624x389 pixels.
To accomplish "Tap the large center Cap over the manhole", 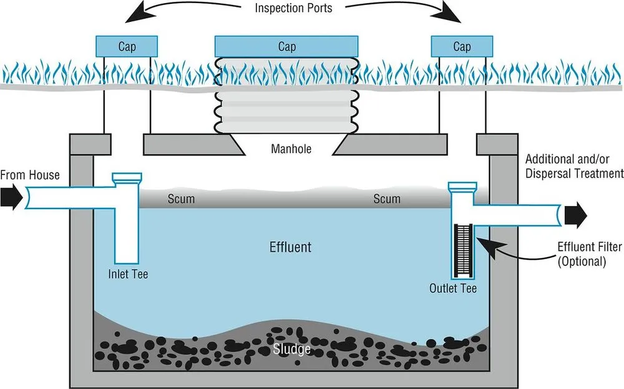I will pos(286,46).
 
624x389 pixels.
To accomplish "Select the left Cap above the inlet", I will pos(127,46).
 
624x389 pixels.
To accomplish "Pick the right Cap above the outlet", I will pos(462,46).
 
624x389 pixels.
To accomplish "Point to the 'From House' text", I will pos(30,175).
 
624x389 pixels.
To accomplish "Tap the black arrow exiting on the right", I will pos(575,214).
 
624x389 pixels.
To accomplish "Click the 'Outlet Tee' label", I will pos(453,288).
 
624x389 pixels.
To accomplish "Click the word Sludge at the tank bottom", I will pos(292,348).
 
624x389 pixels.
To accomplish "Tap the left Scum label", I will pos(181,199).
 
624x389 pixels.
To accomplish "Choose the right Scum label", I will pos(387,199).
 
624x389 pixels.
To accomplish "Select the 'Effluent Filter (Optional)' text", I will pos(581,254).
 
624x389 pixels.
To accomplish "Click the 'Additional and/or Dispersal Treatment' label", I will pos(574,165).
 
